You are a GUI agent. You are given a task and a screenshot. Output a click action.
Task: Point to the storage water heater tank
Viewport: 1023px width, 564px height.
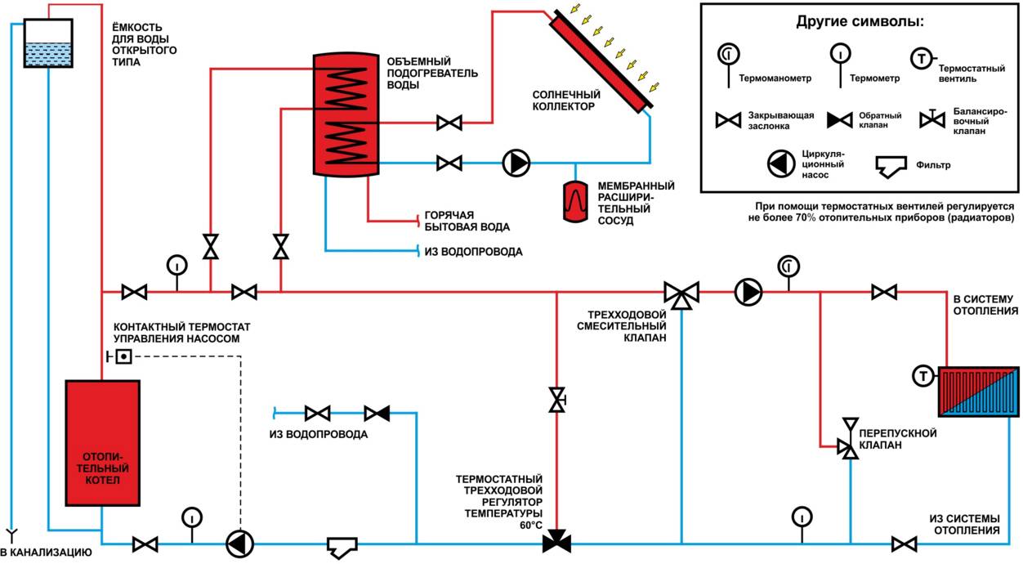347,114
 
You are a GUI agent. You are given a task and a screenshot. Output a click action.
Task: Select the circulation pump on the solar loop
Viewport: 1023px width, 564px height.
516,163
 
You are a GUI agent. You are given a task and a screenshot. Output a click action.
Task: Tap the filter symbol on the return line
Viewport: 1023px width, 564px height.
343,546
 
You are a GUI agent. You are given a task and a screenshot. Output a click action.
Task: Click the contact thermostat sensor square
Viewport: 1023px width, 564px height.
123,356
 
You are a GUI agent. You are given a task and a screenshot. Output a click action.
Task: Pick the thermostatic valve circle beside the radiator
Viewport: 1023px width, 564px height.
923,377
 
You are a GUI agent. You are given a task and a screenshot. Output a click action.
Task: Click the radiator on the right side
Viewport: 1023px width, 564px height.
976,392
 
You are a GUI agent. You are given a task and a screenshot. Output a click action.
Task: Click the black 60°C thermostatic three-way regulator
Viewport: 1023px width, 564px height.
557,541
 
